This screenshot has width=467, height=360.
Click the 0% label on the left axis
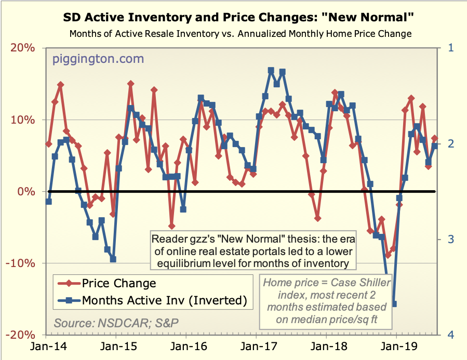[x=28, y=192]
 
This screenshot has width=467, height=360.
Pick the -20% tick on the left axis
[x=22, y=335]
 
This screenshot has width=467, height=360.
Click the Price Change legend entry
[x=119, y=283]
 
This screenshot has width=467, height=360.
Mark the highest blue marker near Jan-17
[x=271, y=70]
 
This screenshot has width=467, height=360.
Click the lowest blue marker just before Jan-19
[x=394, y=304]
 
